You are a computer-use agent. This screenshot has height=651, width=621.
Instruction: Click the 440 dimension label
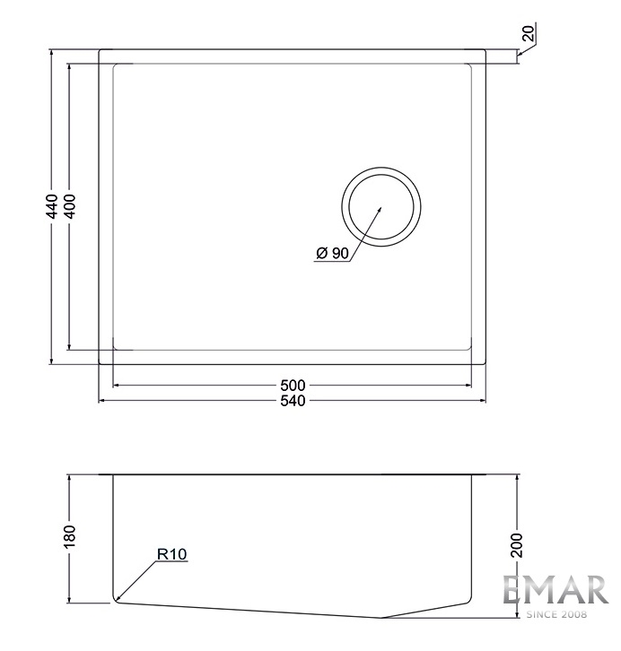click(52, 206)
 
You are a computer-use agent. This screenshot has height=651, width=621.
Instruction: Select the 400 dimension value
click(70, 206)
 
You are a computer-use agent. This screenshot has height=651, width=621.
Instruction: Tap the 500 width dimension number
click(293, 386)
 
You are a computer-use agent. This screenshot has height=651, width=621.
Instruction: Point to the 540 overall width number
click(293, 401)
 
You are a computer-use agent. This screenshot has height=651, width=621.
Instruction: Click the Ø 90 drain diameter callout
click(332, 253)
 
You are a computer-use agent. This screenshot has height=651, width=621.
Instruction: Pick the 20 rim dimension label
click(529, 33)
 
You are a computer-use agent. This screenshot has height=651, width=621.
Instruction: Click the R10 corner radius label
click(172, 554)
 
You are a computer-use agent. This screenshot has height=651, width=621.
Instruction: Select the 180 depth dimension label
click(70, 536)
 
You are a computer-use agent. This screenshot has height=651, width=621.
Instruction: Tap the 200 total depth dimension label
click(517, 544)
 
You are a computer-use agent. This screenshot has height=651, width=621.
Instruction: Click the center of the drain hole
click(381, 207)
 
